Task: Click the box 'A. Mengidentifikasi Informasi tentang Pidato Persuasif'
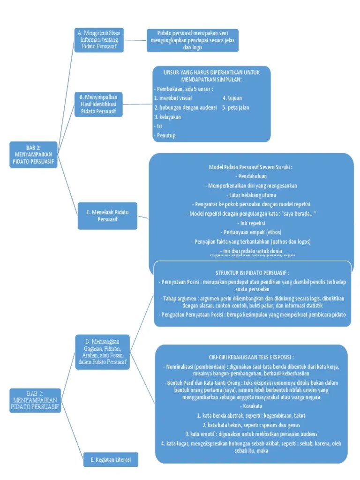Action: point(99,40)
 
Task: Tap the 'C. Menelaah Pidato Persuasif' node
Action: point(107,216)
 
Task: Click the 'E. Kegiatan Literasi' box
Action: point(111,460)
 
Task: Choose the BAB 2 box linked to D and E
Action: point(35,400)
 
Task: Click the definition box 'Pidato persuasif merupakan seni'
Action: point(192,40)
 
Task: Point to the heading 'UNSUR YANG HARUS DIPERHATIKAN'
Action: point(211,76)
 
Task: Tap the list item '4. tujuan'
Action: point(233,98)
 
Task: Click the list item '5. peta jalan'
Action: point(235,107)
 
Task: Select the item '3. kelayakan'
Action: point(167,117)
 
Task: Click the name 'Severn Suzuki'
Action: point(277,167)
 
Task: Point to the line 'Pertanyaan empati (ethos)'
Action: point(251,232)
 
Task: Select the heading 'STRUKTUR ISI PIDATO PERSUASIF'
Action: point(252,272)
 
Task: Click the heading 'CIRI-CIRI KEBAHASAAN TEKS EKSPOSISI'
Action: point(251,357)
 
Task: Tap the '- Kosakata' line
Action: point(251,405)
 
